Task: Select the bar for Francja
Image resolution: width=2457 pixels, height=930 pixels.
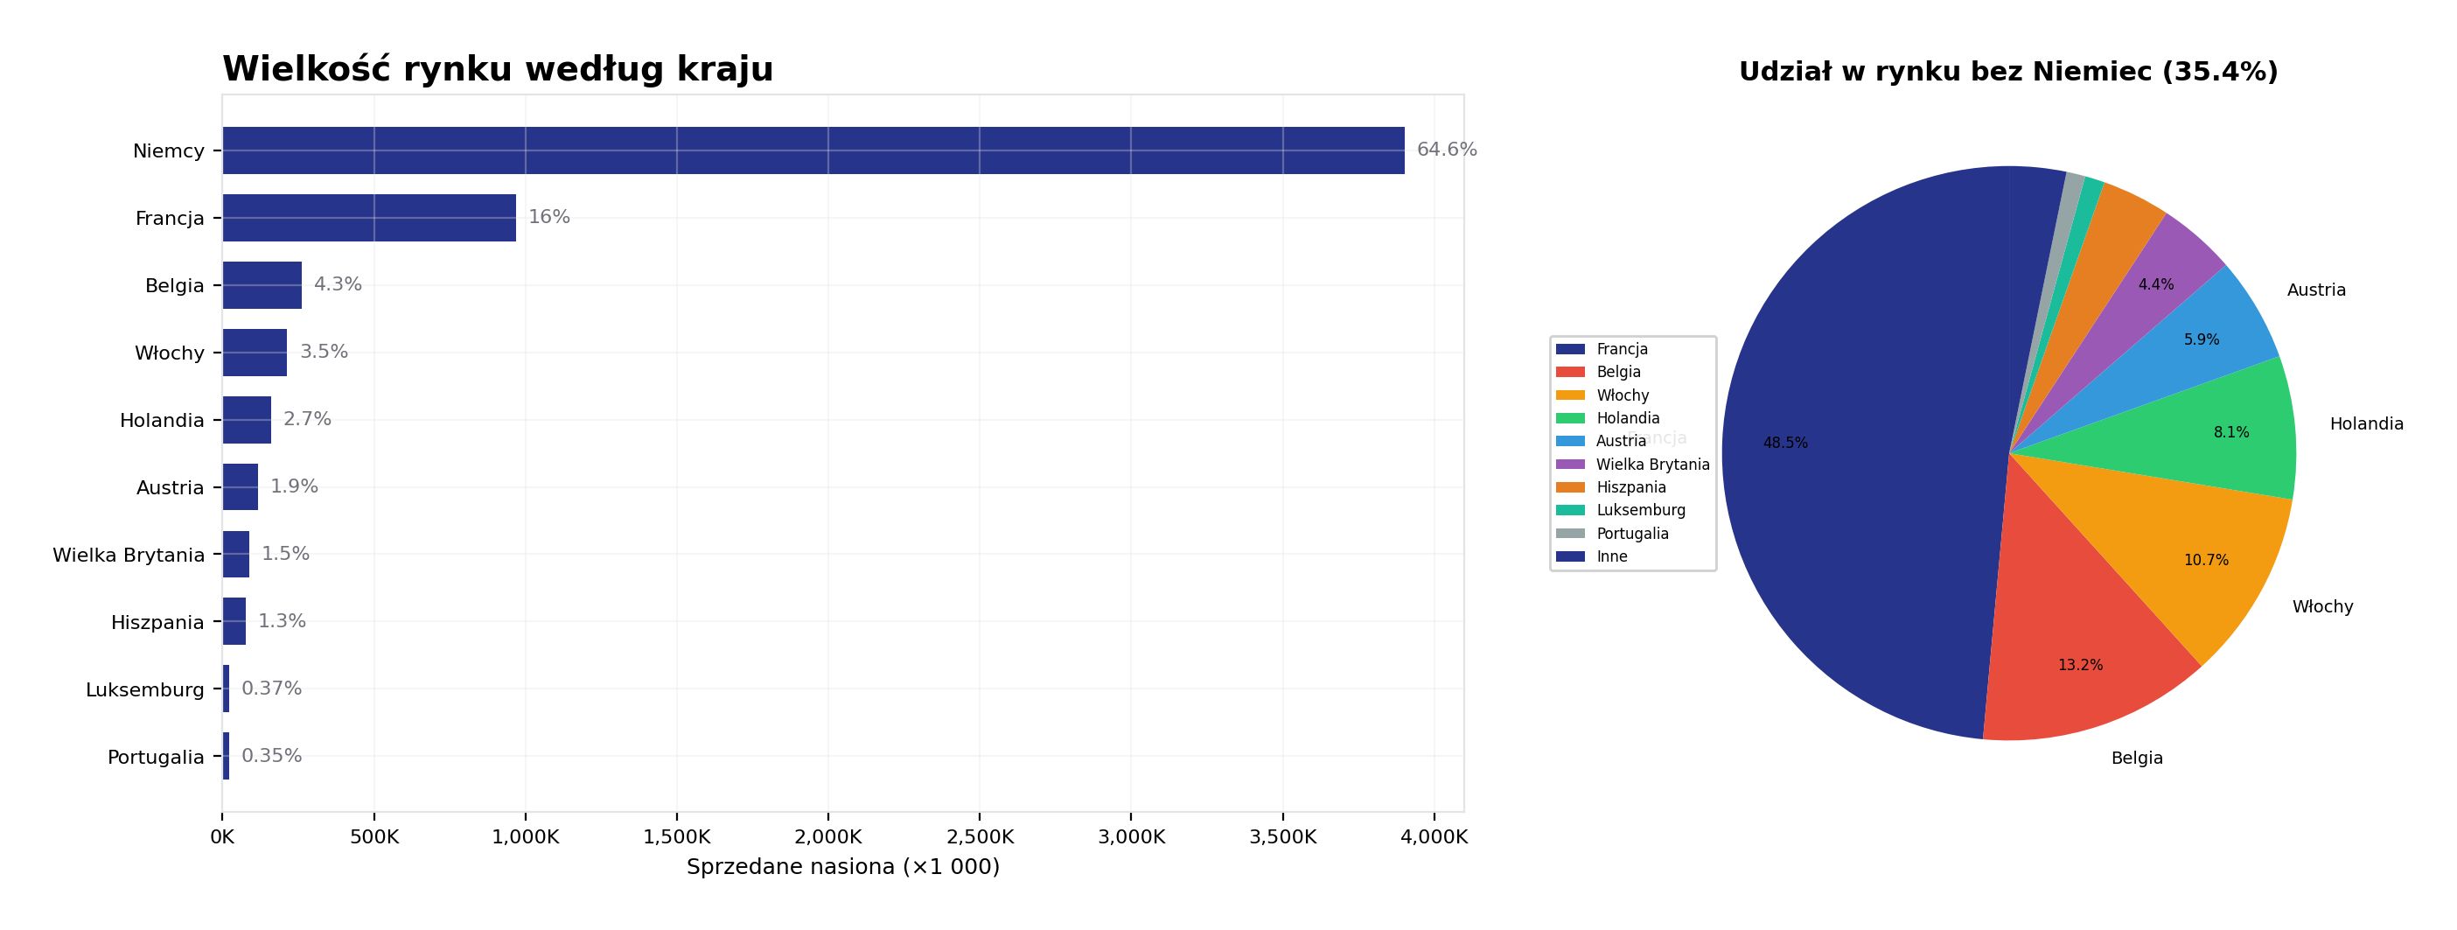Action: click(x=369, y=219)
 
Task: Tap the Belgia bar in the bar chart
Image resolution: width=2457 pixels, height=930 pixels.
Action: click(x=262, y=285)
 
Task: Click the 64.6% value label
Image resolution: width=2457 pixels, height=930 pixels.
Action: click(x=1446, y=150)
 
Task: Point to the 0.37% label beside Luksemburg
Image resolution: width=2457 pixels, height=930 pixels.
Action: click(x=272, y=689)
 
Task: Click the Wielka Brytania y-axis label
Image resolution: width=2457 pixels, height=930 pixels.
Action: click(x=129, y=556)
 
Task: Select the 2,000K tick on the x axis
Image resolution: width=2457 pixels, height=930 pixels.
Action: click(x=828, y=837)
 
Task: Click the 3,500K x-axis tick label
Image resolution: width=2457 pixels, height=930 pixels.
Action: click(x=1282, y=837)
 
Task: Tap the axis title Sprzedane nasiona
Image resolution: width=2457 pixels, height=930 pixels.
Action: click(x=843, y=867)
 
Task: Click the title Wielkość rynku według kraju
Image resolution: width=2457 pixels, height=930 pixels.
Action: click(x=497, y=70)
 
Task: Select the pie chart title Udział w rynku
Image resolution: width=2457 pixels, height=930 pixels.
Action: click(x=2007, y=73)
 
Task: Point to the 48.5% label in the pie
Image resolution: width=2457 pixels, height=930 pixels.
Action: click(x=1784, y=444)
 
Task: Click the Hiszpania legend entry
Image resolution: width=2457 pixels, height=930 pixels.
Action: click(x=1631, y=487)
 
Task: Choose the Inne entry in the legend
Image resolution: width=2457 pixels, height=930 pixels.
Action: click(x=1612, y=557)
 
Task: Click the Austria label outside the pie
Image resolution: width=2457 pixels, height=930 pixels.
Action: click(x=2316, y=290)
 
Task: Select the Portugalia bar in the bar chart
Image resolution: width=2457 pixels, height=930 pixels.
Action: click(x=226, y=757)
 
